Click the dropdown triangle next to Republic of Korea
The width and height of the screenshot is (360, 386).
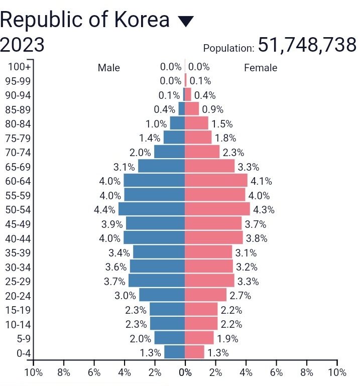tap(185, 22)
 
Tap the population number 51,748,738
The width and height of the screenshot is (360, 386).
tap(307, 45)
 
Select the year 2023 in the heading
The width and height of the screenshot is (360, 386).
tap(22, 45)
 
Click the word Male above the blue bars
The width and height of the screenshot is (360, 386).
tap(109, 68)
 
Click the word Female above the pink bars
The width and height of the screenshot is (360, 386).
tap(261, 68)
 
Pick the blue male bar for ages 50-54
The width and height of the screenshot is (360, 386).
tap(152, 209)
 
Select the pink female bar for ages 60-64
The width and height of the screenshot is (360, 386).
tap(216, 181)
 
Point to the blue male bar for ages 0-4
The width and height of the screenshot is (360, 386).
tap(175, 352)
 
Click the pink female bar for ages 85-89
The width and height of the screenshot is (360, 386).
tap(192, 109)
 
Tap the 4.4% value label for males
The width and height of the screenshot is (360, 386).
tap(104, 210)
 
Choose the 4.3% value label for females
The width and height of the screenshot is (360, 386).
tap(264, 210)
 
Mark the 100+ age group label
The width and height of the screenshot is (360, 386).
tap(20, 66)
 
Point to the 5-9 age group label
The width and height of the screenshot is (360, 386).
tap(24, 338)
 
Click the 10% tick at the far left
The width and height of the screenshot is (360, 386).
tap(33, 372)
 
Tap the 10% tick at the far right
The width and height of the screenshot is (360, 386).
tap(337, 372)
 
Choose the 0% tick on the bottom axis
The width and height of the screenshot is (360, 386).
tap(185, 372)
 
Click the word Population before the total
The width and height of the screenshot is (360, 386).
tap(228, 49)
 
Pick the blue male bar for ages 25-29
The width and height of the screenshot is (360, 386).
tap(157, 281)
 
